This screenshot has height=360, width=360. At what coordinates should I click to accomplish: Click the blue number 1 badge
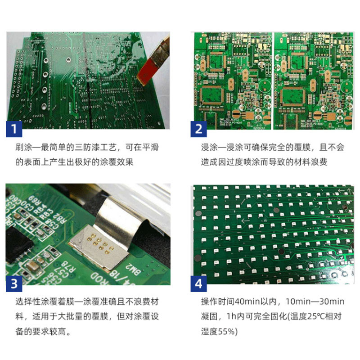tap(14, 129)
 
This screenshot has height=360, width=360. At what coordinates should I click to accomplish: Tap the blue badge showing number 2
tap(198, 129)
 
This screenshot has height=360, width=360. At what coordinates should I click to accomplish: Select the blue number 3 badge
tap(14, 284)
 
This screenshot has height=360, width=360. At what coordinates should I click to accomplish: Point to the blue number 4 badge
tap(198, 284)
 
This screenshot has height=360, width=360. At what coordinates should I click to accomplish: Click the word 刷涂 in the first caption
tap(24, 147)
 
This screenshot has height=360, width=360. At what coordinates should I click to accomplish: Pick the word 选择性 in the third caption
tap(28, 301)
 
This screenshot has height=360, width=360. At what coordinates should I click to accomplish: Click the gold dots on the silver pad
tap(99, 244)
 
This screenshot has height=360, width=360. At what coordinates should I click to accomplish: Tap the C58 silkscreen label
tap(51, 223)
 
